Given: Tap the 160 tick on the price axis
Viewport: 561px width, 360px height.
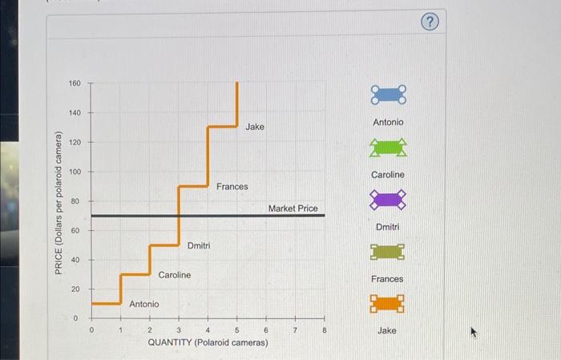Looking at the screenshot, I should [75, 83].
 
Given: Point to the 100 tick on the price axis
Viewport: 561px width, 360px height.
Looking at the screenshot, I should [75, 172].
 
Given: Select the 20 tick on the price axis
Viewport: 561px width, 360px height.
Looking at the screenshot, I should [75, 289].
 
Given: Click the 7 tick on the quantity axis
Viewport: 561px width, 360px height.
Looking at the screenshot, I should [295, 330].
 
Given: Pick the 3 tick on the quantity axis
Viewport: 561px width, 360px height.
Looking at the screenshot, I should [179, 330].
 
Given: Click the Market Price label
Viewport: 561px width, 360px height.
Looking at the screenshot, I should [293, 208].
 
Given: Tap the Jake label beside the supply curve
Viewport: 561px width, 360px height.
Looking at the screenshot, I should [255, 127].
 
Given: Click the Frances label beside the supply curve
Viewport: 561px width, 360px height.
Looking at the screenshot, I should [232, 187].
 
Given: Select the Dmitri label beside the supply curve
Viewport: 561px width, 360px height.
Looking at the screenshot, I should [199, 245].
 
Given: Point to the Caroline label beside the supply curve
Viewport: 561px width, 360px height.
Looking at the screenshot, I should [174, 275].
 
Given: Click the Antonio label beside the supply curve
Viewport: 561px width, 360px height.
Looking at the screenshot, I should [144, 304].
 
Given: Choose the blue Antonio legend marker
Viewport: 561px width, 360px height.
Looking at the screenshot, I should [388, 95].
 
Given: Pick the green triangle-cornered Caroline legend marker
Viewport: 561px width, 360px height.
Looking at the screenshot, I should [388, 148].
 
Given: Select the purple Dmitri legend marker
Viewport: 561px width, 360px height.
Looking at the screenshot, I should [388, 200].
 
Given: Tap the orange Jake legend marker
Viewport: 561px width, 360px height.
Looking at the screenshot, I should [388, 304].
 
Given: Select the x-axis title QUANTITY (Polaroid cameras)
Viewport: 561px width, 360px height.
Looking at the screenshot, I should [208, 342].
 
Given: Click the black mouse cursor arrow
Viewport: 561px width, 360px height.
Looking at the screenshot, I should [474, 330].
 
